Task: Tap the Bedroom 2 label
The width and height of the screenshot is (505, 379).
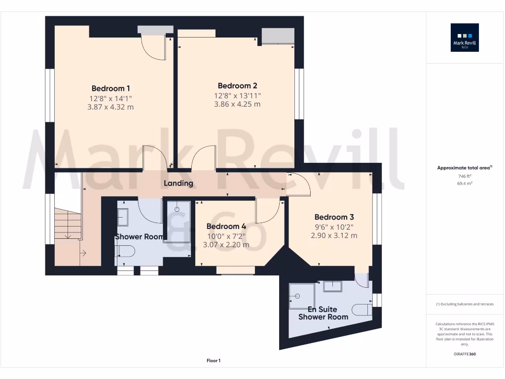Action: [237, 86]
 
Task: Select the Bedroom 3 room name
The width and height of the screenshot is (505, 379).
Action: [334, 217]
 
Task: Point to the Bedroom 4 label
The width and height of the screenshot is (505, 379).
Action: [226, 227]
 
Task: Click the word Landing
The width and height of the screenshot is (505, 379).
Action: [179, 183]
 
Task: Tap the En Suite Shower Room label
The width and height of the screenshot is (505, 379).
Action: [323, 313]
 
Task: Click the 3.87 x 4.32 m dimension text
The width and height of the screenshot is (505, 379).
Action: [110, 107]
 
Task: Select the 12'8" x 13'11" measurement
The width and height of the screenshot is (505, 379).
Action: [237, 95]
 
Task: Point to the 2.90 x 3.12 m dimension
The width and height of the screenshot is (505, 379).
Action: [334, 235]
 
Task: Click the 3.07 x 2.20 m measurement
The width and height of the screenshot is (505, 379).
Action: [226, 244]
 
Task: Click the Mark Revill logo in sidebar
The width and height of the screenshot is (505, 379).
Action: [465, 38]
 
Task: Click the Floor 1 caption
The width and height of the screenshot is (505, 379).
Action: [214, 361]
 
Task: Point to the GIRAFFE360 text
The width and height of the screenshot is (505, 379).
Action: [465, 354]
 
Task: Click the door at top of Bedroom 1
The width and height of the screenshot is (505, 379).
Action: [153, 47]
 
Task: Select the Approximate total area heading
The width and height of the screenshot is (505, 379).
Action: [464, 168]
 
